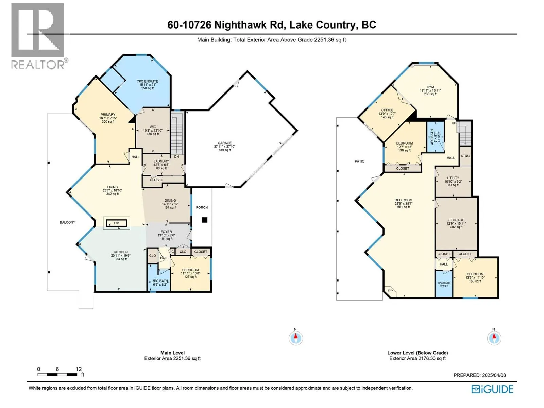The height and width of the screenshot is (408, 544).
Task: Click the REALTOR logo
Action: pyautogui.click(x=39, y=36)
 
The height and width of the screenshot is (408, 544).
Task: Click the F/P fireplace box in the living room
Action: pyautogui.click(x=117, y=223)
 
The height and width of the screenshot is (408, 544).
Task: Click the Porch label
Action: pyautogui.click(x=202, y=208)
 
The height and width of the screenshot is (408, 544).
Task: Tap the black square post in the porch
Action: pyautogui.click(x=204, y=220)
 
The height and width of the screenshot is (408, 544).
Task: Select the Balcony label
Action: pyautogui.click(x=67, y=222)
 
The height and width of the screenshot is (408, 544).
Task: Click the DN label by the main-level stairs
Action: pyautogui.click(x=176, y=156)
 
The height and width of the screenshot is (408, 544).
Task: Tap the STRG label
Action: pyautogui.click(x=465, y=156)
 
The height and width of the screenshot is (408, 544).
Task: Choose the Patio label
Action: pyautogui.click(x=359, y=161)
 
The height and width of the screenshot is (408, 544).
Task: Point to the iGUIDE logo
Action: pyautogui.click(x=492, y=389)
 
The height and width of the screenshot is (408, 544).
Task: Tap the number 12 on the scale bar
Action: pyautogui.click(x=79, y=369)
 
